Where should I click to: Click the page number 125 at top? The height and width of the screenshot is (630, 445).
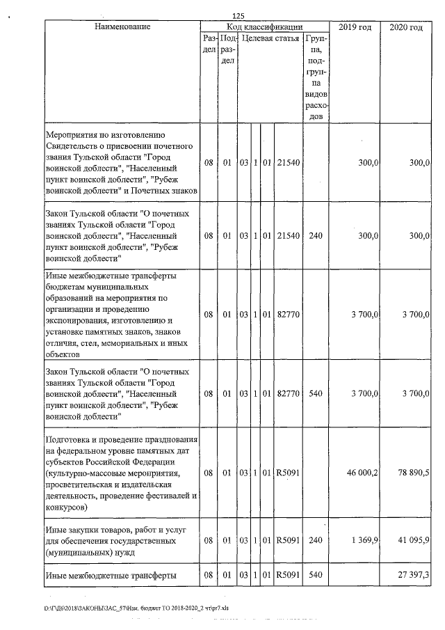[x=238, y=15]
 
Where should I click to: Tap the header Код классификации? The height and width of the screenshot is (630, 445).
[x=264, y=27]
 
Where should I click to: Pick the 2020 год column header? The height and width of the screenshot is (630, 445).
[x=406, y=27]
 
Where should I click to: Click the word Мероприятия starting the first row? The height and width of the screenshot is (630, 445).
[x=74, y=134]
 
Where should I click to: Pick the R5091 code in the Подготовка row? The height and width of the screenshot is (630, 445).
[x=288, y=473]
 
